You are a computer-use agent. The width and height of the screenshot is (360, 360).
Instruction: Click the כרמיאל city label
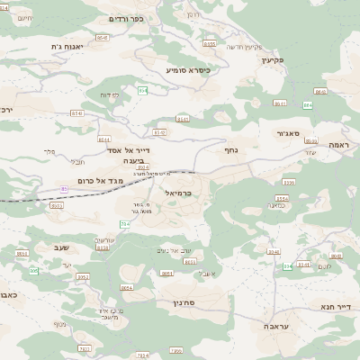[x=179, y=193]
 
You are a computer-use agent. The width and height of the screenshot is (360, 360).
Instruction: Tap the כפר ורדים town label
[x=125, y=19]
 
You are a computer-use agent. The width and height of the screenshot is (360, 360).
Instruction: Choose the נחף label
[x=229, y=150]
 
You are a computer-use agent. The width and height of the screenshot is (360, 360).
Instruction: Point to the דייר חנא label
[x=334, y=307]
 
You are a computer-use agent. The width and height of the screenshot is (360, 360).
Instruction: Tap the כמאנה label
[x=275, y=205]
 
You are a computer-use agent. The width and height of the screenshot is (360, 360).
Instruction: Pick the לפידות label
[x=108, y=95]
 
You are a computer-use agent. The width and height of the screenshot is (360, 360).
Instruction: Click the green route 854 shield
[x=142, y=90]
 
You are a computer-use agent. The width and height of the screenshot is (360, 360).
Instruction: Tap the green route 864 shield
[x=308, y=105]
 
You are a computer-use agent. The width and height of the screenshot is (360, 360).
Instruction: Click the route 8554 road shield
[x=282, y=198]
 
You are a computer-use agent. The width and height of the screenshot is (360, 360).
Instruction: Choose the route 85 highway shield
[x=64, y=188]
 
